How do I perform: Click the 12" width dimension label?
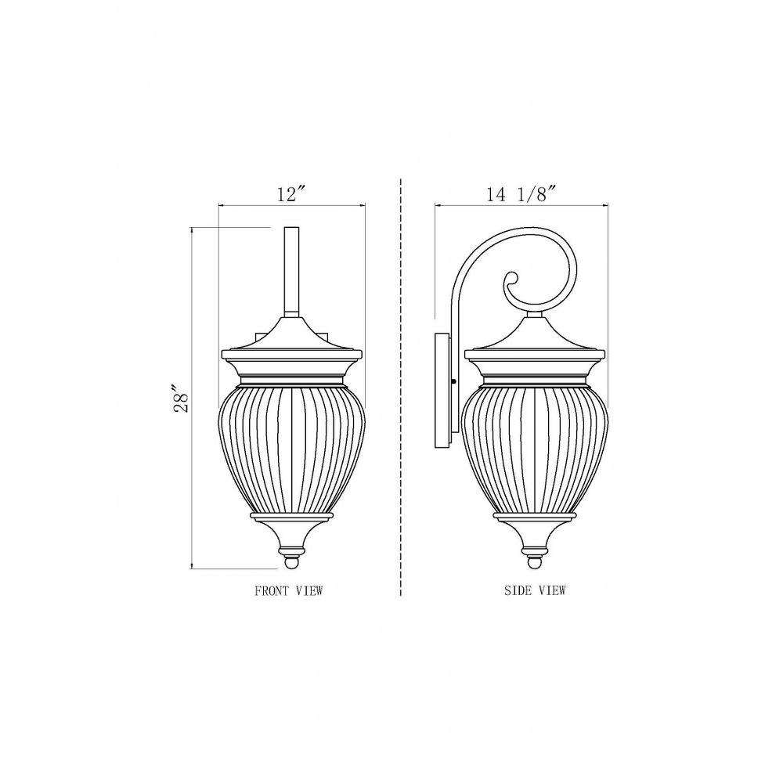[x=290, y=193]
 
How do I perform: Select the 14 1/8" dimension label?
[x=521, y=193]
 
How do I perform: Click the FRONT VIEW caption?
[x=289, y=590]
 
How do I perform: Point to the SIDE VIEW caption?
[x=535, y=590]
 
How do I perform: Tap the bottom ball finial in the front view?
[x=291, y=562]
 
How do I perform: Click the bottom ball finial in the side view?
[x=535, y=561]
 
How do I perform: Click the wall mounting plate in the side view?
[x=442, y=391]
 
